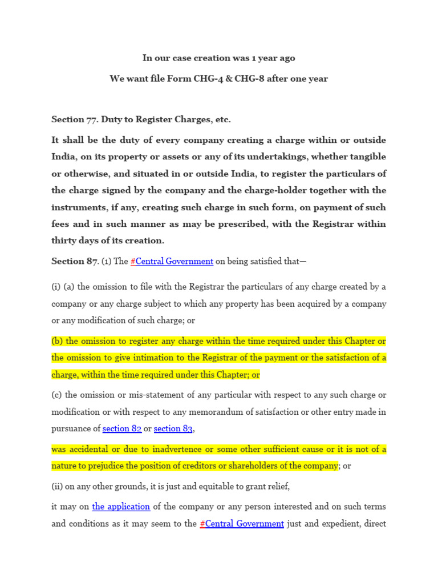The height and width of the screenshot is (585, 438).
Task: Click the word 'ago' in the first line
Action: [x=287, y=58]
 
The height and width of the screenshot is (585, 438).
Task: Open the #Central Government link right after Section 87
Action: [x=172, y=261]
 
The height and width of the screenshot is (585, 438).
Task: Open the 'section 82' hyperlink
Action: [x=122, y=428]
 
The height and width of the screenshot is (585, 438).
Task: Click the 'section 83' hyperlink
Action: [x=173, y=428]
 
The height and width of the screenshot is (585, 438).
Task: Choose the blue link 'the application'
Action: [x=121, y=506]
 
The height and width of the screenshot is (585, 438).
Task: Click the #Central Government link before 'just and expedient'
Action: [x=242, y=523]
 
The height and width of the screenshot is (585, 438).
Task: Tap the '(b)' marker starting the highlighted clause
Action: [x=57, y=341]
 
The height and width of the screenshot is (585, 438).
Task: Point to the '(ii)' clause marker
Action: [x=58, y=486]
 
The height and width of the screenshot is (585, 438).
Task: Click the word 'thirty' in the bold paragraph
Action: [x=65, y=241]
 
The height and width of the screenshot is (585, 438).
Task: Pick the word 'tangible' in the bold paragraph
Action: [x=368, y=157]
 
